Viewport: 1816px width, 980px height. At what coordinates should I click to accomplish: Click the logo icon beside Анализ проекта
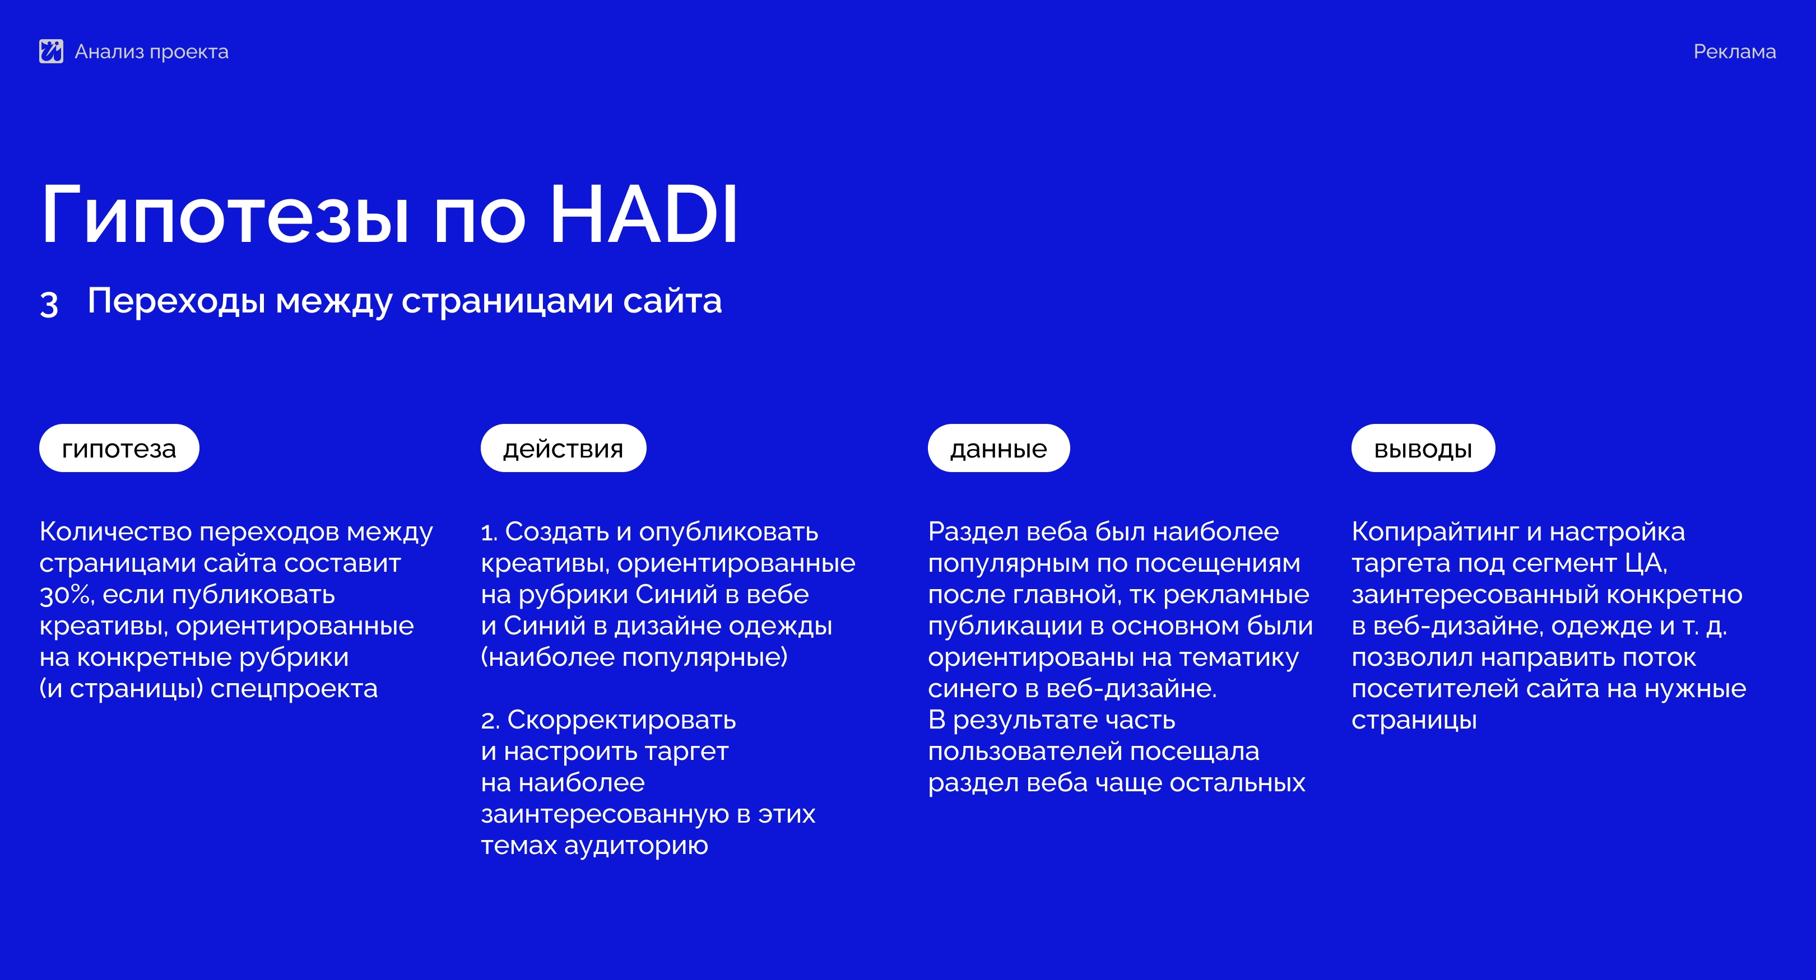[51, 51]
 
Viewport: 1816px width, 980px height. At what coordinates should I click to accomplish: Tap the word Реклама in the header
[1734, 52]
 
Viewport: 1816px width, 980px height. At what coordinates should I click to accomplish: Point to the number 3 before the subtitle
[49, 304]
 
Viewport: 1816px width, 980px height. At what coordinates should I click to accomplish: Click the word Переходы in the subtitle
[177, 301]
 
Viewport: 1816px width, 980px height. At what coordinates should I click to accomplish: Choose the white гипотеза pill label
[119, 448]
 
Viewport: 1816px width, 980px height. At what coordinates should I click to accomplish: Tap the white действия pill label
[563, 448]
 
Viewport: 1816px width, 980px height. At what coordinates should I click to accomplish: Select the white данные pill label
[998, 448]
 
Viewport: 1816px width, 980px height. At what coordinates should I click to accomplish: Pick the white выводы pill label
[1423, 448]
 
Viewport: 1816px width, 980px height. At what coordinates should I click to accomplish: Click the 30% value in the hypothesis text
[66, 595]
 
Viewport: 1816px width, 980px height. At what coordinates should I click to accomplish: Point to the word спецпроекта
[294, 689]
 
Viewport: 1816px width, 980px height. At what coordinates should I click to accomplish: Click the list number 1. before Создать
[489, 533]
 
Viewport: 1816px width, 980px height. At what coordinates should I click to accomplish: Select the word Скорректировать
[622, 721]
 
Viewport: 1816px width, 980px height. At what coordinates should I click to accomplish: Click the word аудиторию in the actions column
[636, 846]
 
